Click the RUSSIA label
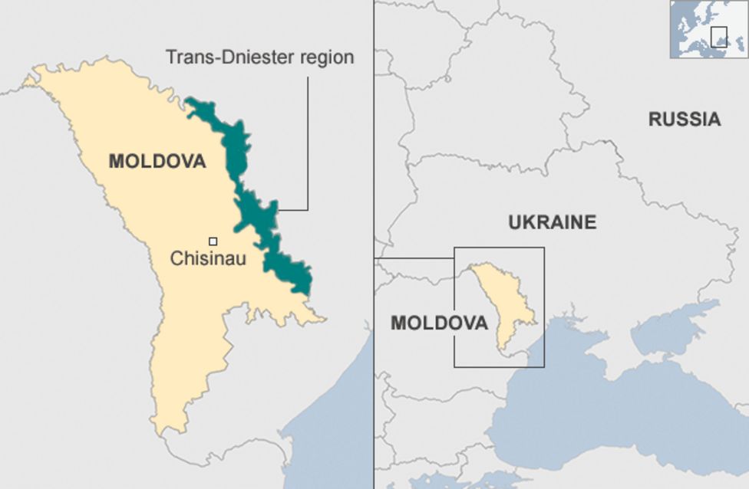pos(685,120)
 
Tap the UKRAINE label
pos(552,222)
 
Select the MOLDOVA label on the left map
pos(157,162)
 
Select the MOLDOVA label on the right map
pos(439,323)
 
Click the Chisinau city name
pos(208,259)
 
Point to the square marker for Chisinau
pos(213,240)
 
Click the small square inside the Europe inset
pos(718,36)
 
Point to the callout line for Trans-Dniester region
pos(308,146)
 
